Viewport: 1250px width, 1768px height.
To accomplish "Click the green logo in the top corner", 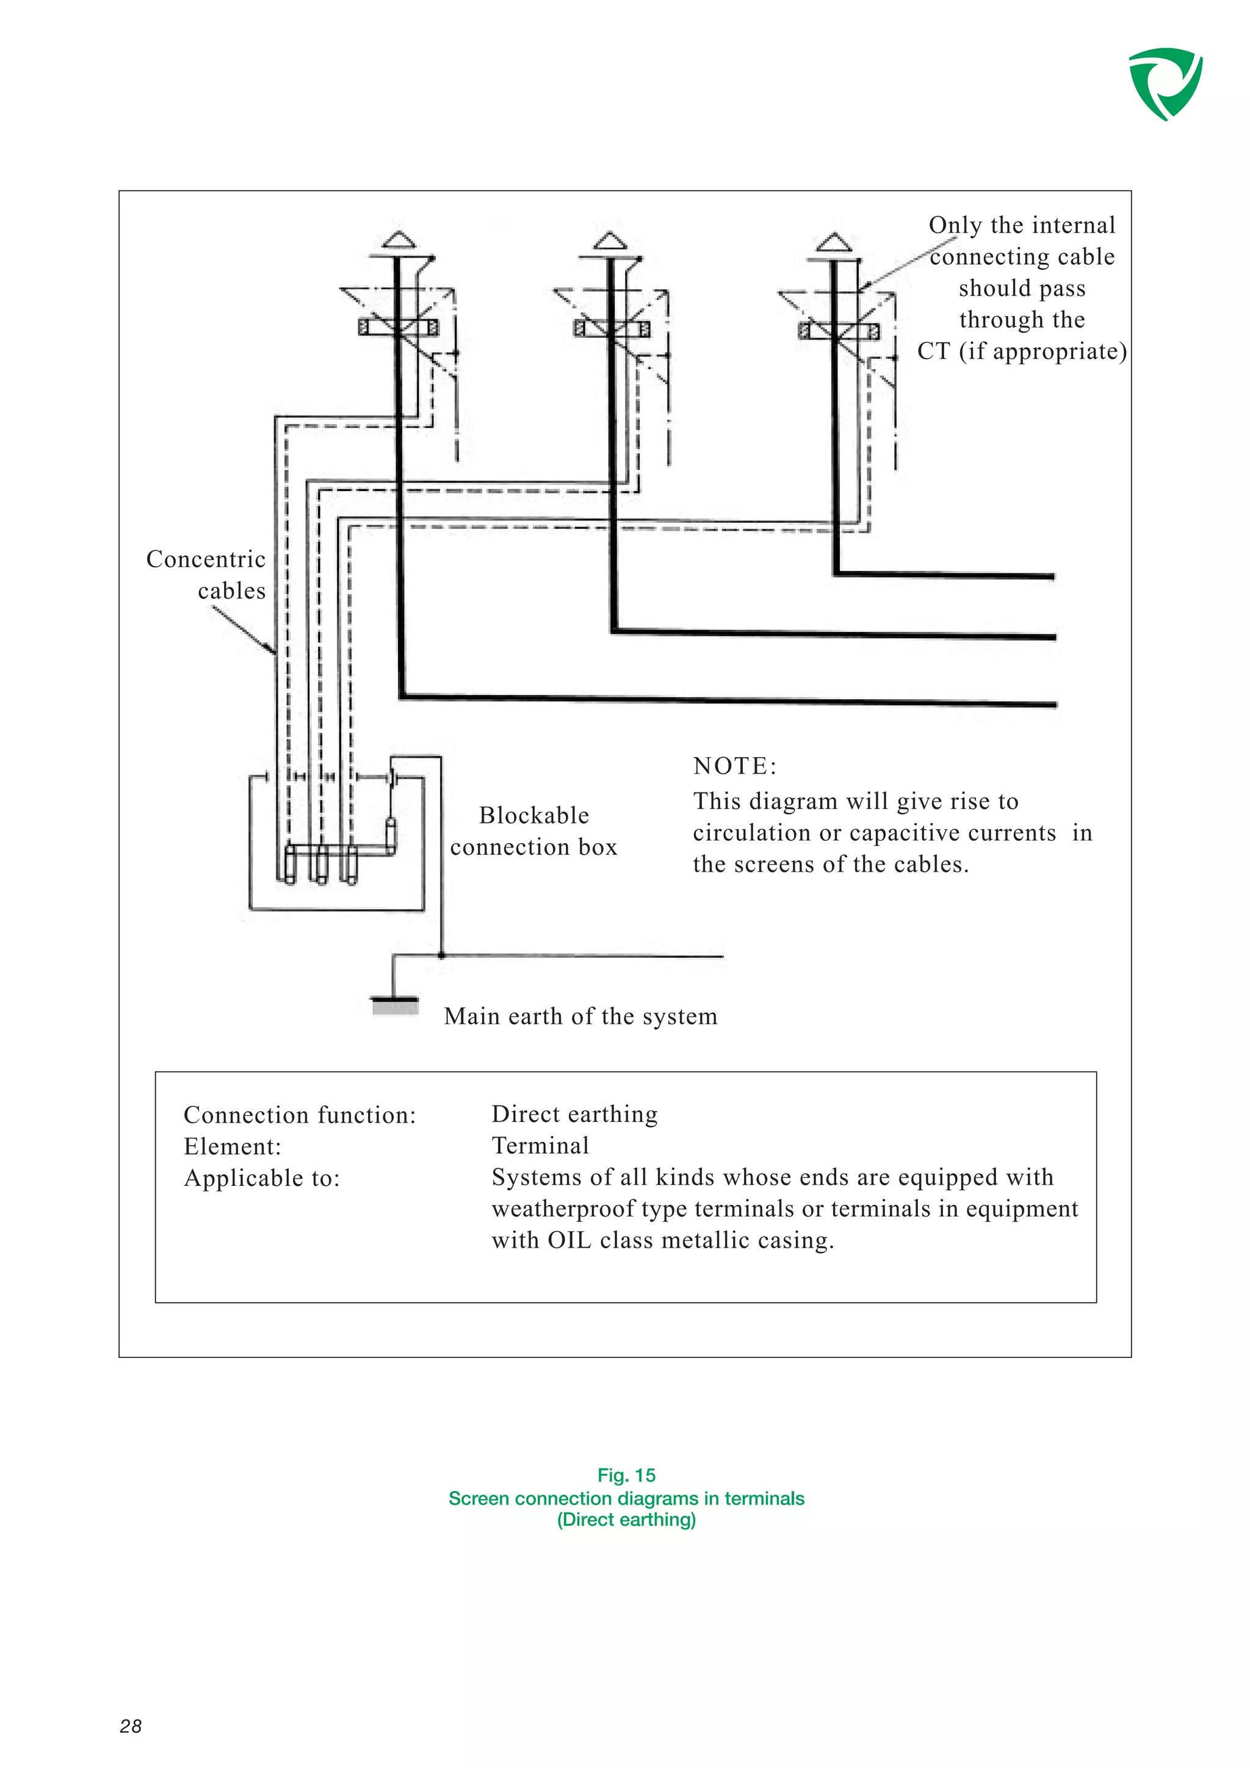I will click(x=1165, y=82).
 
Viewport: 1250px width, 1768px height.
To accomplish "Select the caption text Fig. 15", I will click(x=626, y=1475).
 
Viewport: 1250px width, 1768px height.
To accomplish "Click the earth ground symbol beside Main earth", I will click(x=395, y=1005).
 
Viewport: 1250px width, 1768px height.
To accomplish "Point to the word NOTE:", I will click(x=735, y=766).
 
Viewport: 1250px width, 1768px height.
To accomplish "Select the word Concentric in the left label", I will click(x=206, y=559).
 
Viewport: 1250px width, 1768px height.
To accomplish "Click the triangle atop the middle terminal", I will click(x=611, y=241).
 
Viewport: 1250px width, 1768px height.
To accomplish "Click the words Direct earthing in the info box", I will click(x=574, y=1114).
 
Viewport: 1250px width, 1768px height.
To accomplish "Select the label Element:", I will click(x=232, y=1146).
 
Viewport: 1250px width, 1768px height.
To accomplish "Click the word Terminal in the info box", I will click(x=540, y=1146).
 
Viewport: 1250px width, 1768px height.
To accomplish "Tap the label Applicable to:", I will click(x=261, y=1178).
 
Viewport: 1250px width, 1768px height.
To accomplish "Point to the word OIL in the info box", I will click(x=569, y=1240).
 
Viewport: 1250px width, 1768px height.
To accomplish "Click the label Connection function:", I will click(x=300, y=1115).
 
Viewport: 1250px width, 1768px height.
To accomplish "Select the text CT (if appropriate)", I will click(x=1021, y=351).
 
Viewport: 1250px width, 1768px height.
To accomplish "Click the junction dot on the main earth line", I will click(x=441, y=955).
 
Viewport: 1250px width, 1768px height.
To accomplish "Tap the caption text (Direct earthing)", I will click(x=626, y=1519).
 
